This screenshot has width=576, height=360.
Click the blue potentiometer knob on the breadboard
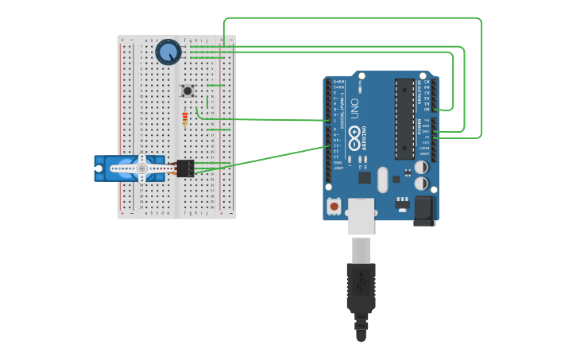168,52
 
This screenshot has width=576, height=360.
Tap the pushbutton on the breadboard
187,91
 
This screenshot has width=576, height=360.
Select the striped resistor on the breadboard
185,119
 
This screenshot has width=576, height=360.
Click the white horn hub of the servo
142,168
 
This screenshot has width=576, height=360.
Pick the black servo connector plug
185,168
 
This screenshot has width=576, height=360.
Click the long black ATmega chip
404,119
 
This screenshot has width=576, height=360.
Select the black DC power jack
423,211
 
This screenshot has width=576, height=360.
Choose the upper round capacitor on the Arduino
421,168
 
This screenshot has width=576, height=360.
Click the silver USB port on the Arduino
360,215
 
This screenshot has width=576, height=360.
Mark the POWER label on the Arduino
419,128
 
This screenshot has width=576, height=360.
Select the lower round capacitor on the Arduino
421,184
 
